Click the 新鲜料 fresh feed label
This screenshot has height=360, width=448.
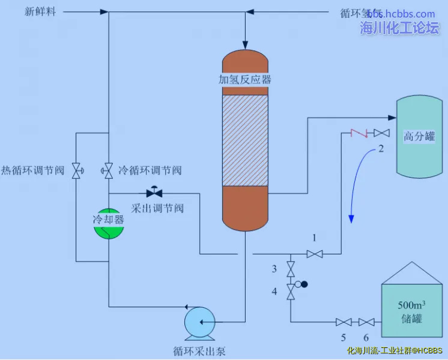(40, 12)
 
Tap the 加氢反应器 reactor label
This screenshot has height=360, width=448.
(244, 79)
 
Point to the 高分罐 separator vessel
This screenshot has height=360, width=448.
(419, 137)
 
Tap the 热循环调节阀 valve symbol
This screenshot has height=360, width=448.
(76, 171)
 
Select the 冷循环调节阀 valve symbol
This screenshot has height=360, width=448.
(109, 171)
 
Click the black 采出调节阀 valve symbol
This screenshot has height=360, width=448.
(154, 193)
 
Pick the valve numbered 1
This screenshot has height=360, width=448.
(315, 254)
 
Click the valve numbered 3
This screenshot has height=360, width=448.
(291, 268)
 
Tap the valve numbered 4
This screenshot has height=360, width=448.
(291, 292)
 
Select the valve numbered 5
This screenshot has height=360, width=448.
(344, 322)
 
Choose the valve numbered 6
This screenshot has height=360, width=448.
(366, 322)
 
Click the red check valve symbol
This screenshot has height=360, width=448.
(359, 132)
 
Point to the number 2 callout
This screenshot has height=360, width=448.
(381, 149)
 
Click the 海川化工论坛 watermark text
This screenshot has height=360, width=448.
(399, 28)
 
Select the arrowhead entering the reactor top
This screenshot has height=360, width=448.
(244, 44)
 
